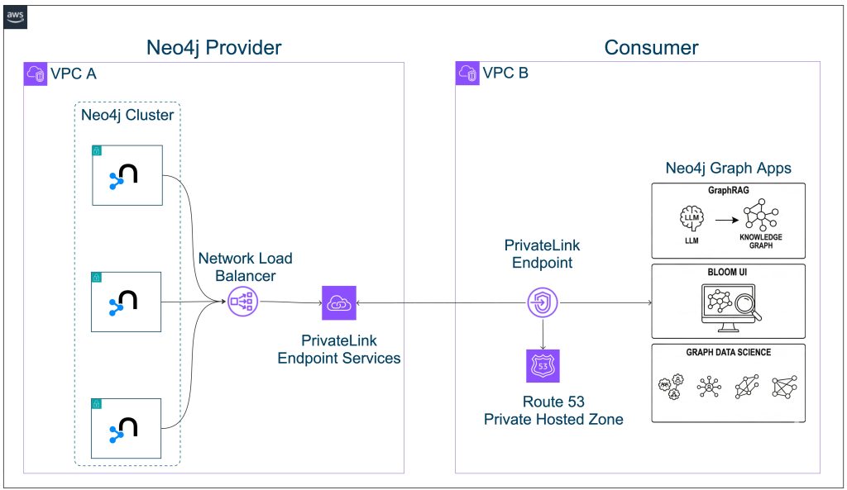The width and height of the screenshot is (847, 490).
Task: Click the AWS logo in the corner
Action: click(x=16, y=18)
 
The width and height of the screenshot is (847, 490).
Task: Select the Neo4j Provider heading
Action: click(x=213, y=47)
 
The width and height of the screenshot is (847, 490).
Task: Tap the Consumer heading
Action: click(x=651, y=47)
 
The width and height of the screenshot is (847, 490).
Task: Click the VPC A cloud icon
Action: click(x=35, y=74)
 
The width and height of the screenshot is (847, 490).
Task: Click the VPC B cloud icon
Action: click(x=467, y=74)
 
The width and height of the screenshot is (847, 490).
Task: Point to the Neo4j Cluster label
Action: click(x=127, y=115)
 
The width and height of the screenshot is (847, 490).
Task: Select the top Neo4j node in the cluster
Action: click(x=127, y=176)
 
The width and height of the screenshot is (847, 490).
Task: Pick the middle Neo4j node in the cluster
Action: click(x=127, y=302)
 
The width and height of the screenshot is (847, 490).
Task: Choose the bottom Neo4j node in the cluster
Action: click(x=127, y=427)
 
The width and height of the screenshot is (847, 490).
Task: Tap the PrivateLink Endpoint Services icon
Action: click(x=338, y=302)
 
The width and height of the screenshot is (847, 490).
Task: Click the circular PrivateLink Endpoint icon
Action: click(x=543, y=303)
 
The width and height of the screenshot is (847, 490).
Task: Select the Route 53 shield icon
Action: click(x=543, y=365)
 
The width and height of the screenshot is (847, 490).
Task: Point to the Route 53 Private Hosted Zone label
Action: click(x=553, y=411)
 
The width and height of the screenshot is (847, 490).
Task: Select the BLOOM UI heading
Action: click(x=728, y=272)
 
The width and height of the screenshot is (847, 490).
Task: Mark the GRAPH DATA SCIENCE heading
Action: click(x=728, y=352)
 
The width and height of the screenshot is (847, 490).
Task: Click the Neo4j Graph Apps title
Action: click(x=728, y=168)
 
